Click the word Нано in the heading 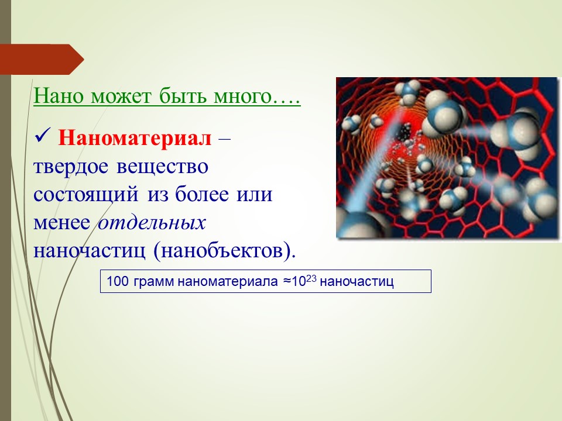(x=59, y=96)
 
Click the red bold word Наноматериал (x=135, y=138)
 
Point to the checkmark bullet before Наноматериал (x=43, y=136)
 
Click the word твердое (x=71, y=167)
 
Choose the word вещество (x=162, y=167)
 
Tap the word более (x=202, y=194)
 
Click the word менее (x=61, y=223)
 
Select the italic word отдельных (x=152, y=223)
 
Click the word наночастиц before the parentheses (x=90, y=251)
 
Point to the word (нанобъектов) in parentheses (x=225, y=251)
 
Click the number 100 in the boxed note (x=118, y=281)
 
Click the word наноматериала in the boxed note (x=227, y=282)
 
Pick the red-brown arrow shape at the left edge (x=42, y=60)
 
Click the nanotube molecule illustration (x=448, y=158)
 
